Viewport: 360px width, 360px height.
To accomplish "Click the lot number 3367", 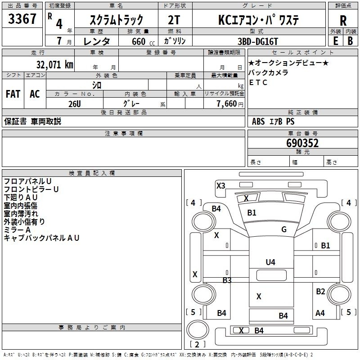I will [22, 19].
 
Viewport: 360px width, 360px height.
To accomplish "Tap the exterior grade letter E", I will [336, 40].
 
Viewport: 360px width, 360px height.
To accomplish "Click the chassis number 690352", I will [302, 143].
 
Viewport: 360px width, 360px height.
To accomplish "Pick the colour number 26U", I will [75, 103].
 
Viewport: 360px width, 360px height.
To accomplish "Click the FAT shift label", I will [13, 94].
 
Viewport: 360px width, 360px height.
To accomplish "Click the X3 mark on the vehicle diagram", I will [220, 185].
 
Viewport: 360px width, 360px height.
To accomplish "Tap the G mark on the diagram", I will [284, 229].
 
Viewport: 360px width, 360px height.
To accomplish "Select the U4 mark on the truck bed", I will [270, 262].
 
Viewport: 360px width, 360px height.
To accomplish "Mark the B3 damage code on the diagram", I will [227, 280].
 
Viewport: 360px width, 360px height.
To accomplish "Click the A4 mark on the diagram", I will [320, 313].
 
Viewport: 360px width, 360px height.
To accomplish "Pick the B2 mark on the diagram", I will [320, 292].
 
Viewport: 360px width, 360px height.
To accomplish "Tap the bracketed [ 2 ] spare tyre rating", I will [197, 345].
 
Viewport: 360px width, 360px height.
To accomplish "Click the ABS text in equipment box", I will [258, 121].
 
